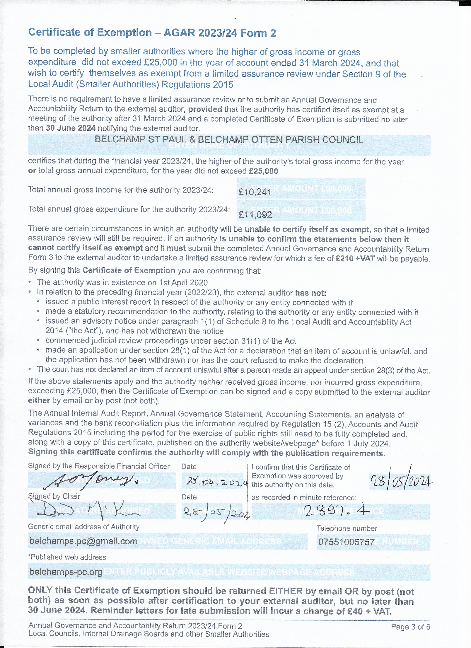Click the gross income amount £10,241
point(255,192)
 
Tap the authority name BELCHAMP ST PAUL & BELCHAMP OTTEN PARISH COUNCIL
point(229,140)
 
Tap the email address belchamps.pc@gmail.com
point(83,541)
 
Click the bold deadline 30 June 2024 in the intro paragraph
point(71,128)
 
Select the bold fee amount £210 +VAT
point(355,259)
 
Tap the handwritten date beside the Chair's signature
point(216,511)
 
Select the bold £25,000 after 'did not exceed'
point(263,171)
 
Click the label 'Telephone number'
point(347,528)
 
